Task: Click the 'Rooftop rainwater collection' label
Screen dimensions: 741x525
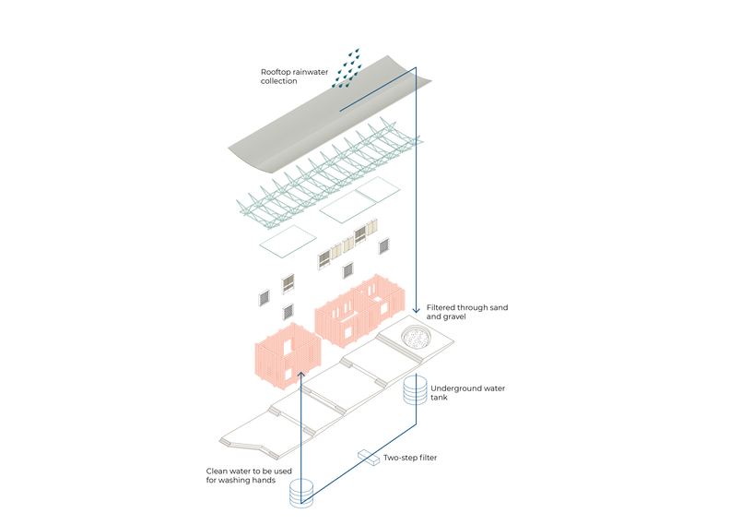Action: (x=294, y=77)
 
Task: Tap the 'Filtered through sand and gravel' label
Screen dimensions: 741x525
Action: (x=467, y=312)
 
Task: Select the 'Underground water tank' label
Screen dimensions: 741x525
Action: (x=467, y=392)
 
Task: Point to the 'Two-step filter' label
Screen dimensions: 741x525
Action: (x=410, y=458)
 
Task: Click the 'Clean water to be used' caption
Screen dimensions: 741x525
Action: (x=249, y=471)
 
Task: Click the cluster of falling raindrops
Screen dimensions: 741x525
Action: (x=347, y=68)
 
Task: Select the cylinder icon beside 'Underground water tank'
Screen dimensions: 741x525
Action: (x=415, y=389)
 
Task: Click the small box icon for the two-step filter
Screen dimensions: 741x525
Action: (x=369, y=457)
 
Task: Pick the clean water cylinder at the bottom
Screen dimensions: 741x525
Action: (x=301, y=494)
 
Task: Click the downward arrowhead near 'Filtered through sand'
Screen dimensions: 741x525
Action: (x=416, y=309)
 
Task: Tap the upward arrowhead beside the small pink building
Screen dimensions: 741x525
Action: (x=300, y=376)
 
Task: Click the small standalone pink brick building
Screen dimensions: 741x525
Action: (x=288, y=355)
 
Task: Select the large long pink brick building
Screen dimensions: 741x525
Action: (x=359, y=311)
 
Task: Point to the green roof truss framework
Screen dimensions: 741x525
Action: (x=329, y=174)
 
